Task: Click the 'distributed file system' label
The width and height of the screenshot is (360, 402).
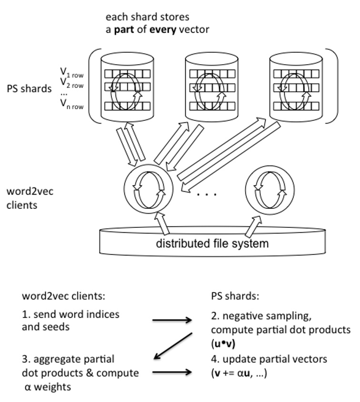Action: (212, 243)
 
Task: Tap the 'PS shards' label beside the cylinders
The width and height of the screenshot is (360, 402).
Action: (29, 88)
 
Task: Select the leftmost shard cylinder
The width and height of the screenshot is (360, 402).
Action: (127, 87)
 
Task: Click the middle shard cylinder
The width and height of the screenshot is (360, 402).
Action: (212, 87)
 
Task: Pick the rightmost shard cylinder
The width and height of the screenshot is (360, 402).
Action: (296, 87)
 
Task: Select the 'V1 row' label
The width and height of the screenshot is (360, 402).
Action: (72, 73)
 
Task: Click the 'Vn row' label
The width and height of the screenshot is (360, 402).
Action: (72, 104)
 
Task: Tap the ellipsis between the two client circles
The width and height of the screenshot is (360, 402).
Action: (207, 195)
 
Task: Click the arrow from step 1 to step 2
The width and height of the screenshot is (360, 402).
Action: (172, 320)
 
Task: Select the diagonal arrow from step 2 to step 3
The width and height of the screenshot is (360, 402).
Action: (173, 346)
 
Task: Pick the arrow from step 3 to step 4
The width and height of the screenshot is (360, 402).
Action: (172, 372)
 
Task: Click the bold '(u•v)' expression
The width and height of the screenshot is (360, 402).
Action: (223, 343)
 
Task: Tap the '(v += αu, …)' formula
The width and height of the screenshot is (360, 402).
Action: (239, 373)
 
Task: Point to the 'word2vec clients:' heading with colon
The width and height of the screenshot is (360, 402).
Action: (64, 296)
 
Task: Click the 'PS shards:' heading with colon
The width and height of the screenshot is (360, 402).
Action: (235, 296)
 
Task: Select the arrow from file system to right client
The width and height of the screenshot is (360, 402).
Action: (253, 226)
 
